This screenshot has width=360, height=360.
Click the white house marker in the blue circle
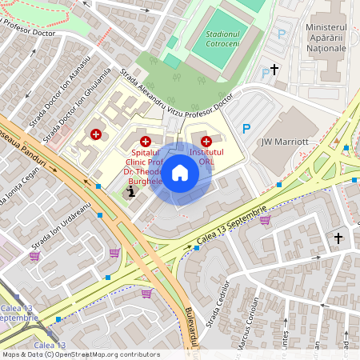click(x=180, y=172)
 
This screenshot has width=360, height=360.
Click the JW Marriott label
click(x=285, y=142)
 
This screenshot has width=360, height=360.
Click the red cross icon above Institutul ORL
click(x=206, y=141)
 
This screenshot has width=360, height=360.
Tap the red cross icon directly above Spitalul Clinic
click(x=145, y=141)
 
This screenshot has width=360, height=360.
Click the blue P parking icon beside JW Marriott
click(x=246, y=128)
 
